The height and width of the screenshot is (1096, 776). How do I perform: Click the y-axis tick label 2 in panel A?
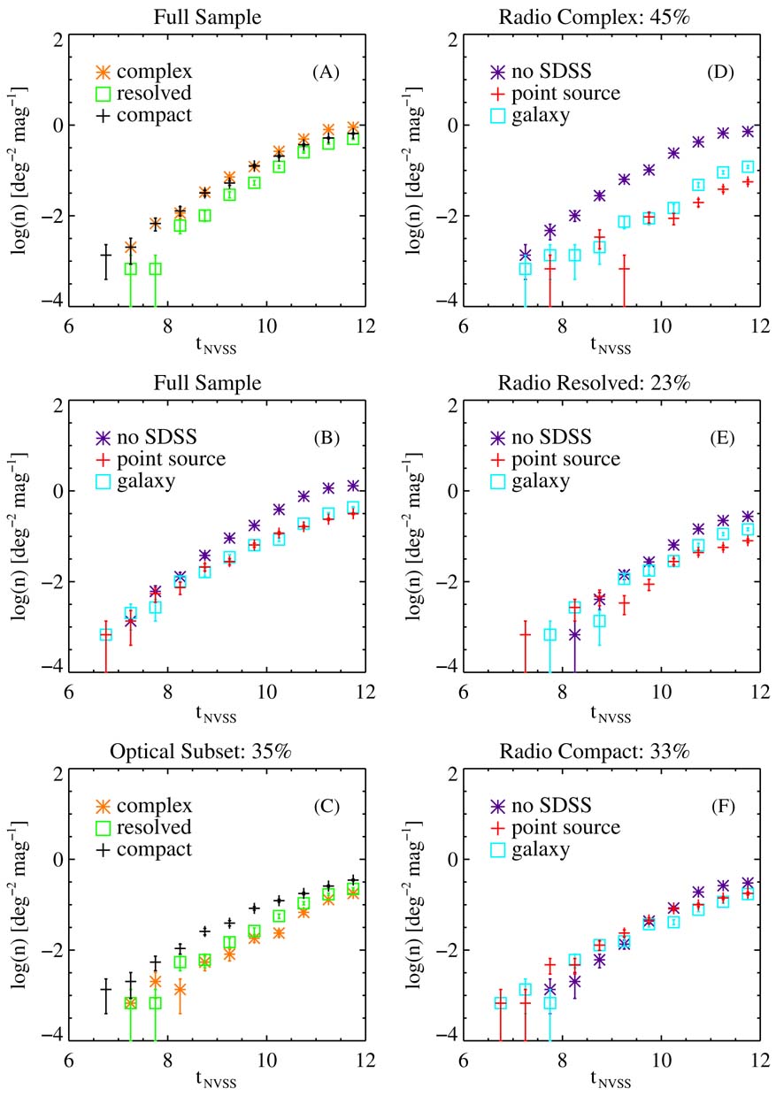click(x=56, y=40)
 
